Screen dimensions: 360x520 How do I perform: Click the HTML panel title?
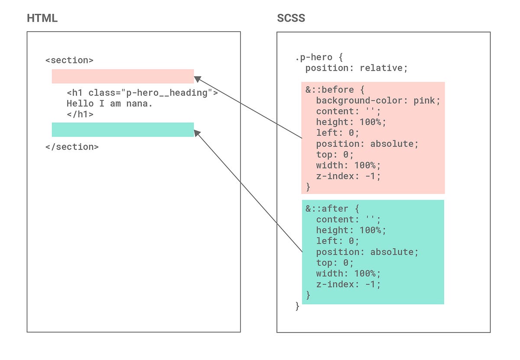42,18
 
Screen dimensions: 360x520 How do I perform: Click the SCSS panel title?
291,18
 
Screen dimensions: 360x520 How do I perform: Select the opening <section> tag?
69,60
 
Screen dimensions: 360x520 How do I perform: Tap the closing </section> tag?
72,147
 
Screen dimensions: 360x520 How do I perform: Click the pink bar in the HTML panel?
123,76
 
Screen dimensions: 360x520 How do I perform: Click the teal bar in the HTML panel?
123,130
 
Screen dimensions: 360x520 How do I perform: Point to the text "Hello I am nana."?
110,104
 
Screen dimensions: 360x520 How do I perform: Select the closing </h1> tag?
80,114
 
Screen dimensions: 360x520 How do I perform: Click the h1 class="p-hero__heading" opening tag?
142,93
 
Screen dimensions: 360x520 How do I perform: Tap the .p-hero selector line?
319,57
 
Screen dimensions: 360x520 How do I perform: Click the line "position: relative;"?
357,68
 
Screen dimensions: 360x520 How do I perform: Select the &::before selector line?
335,90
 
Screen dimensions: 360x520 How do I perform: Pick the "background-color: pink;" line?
378,101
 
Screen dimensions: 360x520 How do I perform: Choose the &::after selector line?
332,209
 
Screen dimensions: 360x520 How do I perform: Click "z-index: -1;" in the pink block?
348,176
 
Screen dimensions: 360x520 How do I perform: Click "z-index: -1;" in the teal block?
348,284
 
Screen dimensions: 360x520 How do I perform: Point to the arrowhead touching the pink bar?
197,79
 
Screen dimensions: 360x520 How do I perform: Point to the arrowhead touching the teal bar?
197,133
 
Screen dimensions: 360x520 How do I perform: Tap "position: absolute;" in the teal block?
367,252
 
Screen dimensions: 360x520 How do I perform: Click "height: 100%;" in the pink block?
351,122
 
